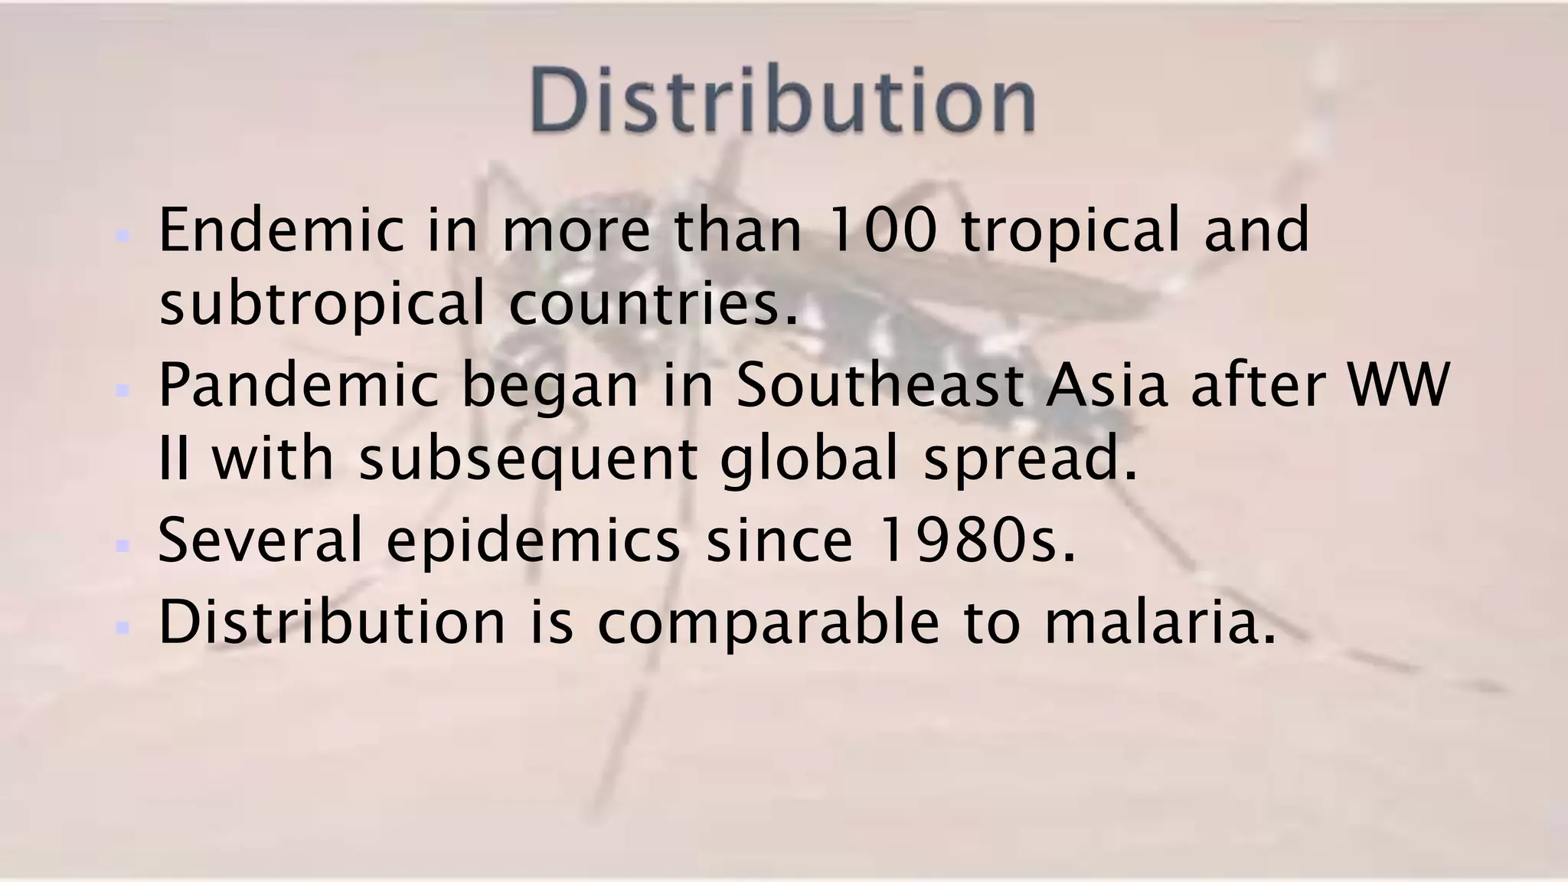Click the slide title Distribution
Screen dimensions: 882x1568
pos(782,101)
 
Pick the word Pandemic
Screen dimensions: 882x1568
pos(298,385)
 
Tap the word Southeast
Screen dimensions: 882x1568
pos(879,385)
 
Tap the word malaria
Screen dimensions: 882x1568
pos(1159,622)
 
